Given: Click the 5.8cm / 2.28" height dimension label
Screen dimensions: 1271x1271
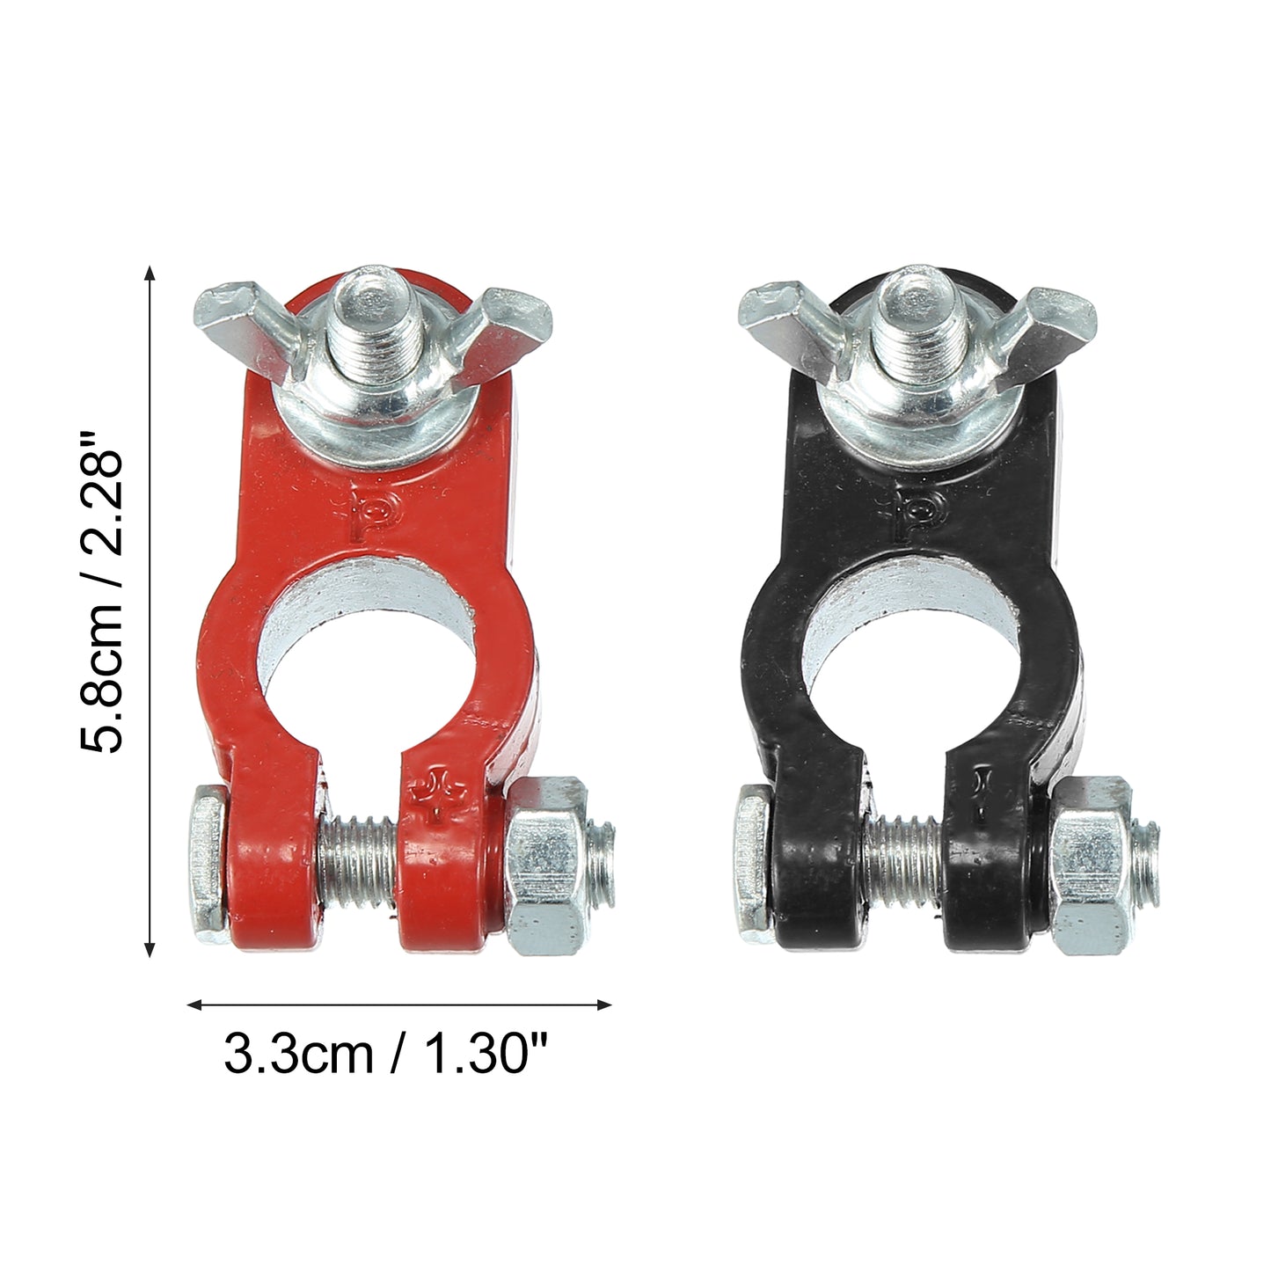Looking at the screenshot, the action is point(101,593).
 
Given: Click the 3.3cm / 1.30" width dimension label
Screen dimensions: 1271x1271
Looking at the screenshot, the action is point(386,1054).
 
